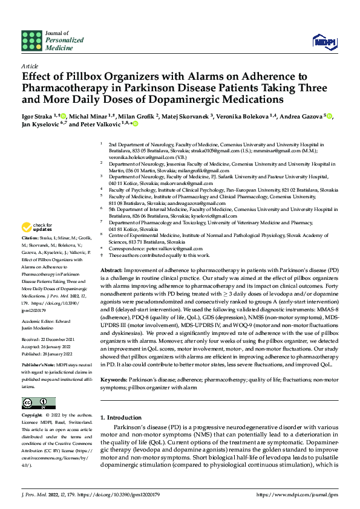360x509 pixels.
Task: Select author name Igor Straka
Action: click(x=37, y=115)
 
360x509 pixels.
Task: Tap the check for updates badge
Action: click(x=37, y=227)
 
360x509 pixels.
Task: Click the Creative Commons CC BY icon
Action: click(x=39, y=403)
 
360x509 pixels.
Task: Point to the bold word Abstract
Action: click(x=112, y=270)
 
